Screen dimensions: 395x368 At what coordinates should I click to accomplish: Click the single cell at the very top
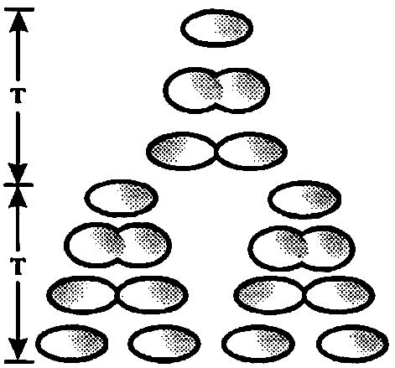216,29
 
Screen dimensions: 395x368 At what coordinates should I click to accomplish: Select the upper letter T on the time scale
18,96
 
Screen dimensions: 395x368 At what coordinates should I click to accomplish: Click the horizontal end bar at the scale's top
19,10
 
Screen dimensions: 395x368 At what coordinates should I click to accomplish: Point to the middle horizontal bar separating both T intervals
18,184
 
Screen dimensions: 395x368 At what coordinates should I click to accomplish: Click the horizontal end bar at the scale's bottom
19,362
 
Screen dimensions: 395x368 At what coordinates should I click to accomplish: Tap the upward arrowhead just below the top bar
18,23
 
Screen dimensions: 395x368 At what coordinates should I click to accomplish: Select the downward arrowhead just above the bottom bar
18,348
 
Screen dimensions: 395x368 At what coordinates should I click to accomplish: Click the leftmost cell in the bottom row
72,344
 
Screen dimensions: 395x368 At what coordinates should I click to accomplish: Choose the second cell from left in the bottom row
164,344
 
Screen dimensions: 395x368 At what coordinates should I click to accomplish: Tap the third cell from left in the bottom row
258,344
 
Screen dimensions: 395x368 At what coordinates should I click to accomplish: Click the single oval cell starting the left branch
121,199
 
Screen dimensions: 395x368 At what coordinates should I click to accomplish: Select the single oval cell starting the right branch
304,200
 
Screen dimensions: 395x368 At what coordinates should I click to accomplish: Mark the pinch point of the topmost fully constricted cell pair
216,151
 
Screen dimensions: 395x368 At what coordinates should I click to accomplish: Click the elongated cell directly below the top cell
216,91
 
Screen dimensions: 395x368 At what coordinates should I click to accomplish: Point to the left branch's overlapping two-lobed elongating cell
117,246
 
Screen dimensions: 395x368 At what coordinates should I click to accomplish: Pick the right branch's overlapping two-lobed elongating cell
301,248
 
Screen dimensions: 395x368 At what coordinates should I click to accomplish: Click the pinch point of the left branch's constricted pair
117,295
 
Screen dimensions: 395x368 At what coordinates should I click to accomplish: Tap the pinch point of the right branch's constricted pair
304,295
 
